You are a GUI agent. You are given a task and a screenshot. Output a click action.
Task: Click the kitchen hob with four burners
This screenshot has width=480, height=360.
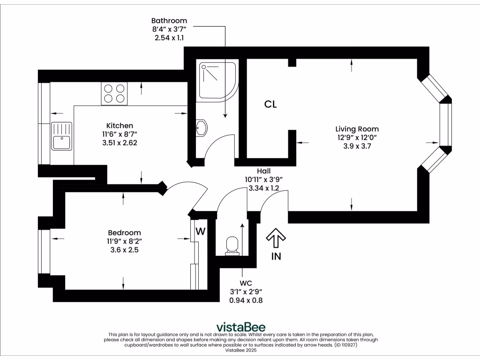pos(114,93)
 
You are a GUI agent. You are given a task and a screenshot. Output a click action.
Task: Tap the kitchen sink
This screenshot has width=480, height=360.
pos(61,136)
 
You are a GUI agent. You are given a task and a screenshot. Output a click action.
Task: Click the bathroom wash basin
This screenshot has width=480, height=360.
pos(202,127)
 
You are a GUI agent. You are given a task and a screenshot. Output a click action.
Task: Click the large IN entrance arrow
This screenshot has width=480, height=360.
pos(276,238)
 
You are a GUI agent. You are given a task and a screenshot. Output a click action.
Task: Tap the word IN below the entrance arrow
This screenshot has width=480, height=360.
pos(276,256)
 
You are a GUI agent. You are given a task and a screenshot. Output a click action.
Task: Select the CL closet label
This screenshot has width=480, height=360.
pos(270,105)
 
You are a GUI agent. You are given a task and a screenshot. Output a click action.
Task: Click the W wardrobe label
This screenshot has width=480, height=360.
pos(200,231)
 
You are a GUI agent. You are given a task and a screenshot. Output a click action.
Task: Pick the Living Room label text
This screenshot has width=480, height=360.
pos(357,129)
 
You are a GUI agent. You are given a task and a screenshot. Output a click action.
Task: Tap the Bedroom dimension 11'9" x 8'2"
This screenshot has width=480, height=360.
pos(124,241)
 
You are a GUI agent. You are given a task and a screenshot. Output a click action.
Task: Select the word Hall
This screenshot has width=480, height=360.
pos(263,171)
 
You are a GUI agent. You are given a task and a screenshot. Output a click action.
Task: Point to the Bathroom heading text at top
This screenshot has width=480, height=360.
pos(169,21)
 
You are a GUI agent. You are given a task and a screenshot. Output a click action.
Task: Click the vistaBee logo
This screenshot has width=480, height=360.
pos(240,326)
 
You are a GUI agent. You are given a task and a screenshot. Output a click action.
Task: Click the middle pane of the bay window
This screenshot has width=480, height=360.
pos(445,124)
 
